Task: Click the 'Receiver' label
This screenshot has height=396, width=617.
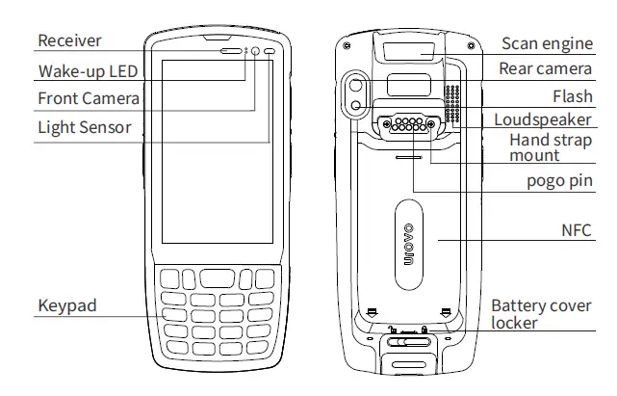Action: (x=69, y=41)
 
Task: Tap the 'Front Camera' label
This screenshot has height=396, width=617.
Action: (x=89, y=98)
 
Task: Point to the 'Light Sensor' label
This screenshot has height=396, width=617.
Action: (x=84, y=127)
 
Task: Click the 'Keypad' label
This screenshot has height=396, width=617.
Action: (x=67, y=306)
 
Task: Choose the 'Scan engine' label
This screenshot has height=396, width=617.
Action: (x=547, y=43)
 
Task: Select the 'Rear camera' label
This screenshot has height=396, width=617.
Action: (x=545, y=69)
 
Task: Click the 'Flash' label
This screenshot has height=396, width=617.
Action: (x=572, y=97)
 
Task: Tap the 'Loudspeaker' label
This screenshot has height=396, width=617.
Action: (x=542, y=120)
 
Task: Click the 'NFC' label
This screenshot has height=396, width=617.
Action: (x=576, y=230)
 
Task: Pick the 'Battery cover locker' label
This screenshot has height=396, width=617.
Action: (x=541, y=314)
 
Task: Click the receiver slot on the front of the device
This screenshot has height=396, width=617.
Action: (x=231, y=50)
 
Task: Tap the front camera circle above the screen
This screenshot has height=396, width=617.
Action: (x=256, y=51)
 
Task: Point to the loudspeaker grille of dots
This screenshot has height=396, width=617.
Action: (x=451, y=106)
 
